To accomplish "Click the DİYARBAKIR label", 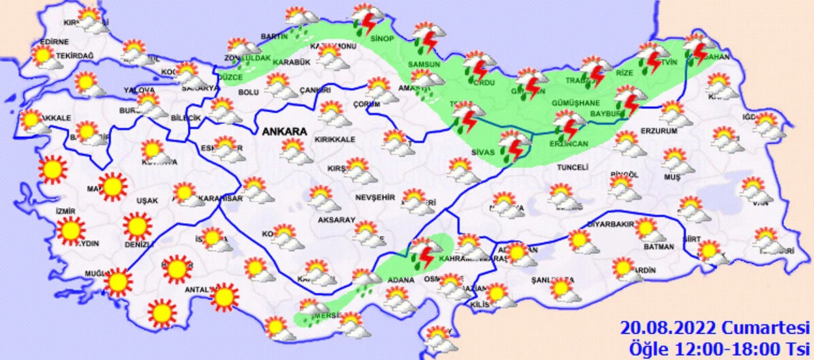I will (610, 223).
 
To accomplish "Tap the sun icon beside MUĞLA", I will (118, 281).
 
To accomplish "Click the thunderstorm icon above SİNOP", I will (367, 19).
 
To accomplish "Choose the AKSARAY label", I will (337, 220).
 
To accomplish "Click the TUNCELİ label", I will (571, 167).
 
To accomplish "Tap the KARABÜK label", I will (291, 63).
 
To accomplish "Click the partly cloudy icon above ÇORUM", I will (379, 89).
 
